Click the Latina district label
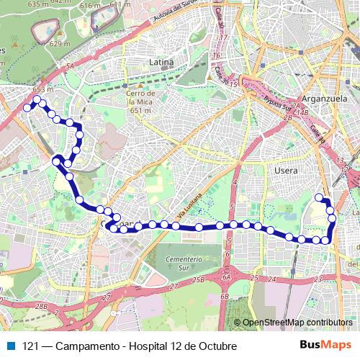point(161,63)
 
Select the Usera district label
point(287,171)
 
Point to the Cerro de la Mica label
point(141,102)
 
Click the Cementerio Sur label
point(180,262)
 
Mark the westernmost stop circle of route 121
point(27,108)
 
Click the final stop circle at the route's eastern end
point(319,197)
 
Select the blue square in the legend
point(12,346)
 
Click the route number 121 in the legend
point(31,346)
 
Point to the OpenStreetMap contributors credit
point(297,323)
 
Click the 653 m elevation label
point(43,89)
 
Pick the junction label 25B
point(199,279)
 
